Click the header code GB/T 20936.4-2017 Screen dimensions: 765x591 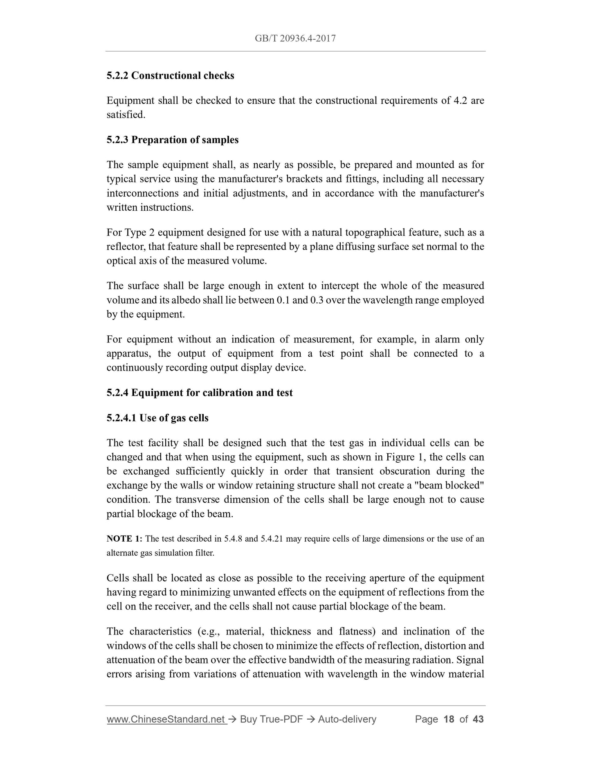tap(295, 38)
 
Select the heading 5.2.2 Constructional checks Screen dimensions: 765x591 tap(170, 76)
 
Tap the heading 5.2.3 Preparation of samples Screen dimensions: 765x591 tap(172, 140)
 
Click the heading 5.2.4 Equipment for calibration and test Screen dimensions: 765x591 tap(200, 393)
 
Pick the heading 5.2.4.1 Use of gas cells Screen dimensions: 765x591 tap(157, 418)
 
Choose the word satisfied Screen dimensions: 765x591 tap(126, 115)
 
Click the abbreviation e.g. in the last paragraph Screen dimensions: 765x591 tap(207, 632)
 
